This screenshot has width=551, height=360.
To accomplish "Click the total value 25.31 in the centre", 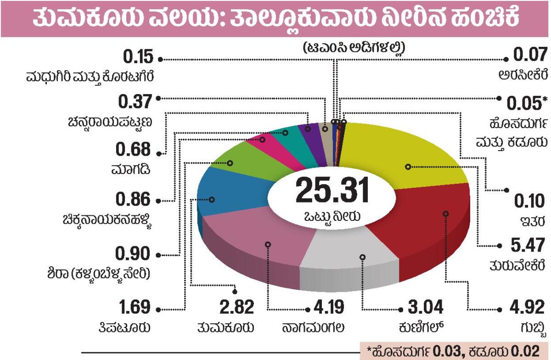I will [x=332, y=190].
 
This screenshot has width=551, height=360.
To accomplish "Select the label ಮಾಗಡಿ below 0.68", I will [x=130, y=169].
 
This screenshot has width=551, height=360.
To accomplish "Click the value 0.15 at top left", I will [x=137, y=58].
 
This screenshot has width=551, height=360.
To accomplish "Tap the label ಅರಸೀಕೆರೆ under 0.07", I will [x=523, y=74].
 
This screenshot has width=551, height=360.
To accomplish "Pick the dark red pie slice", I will [x=422, y=230].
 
